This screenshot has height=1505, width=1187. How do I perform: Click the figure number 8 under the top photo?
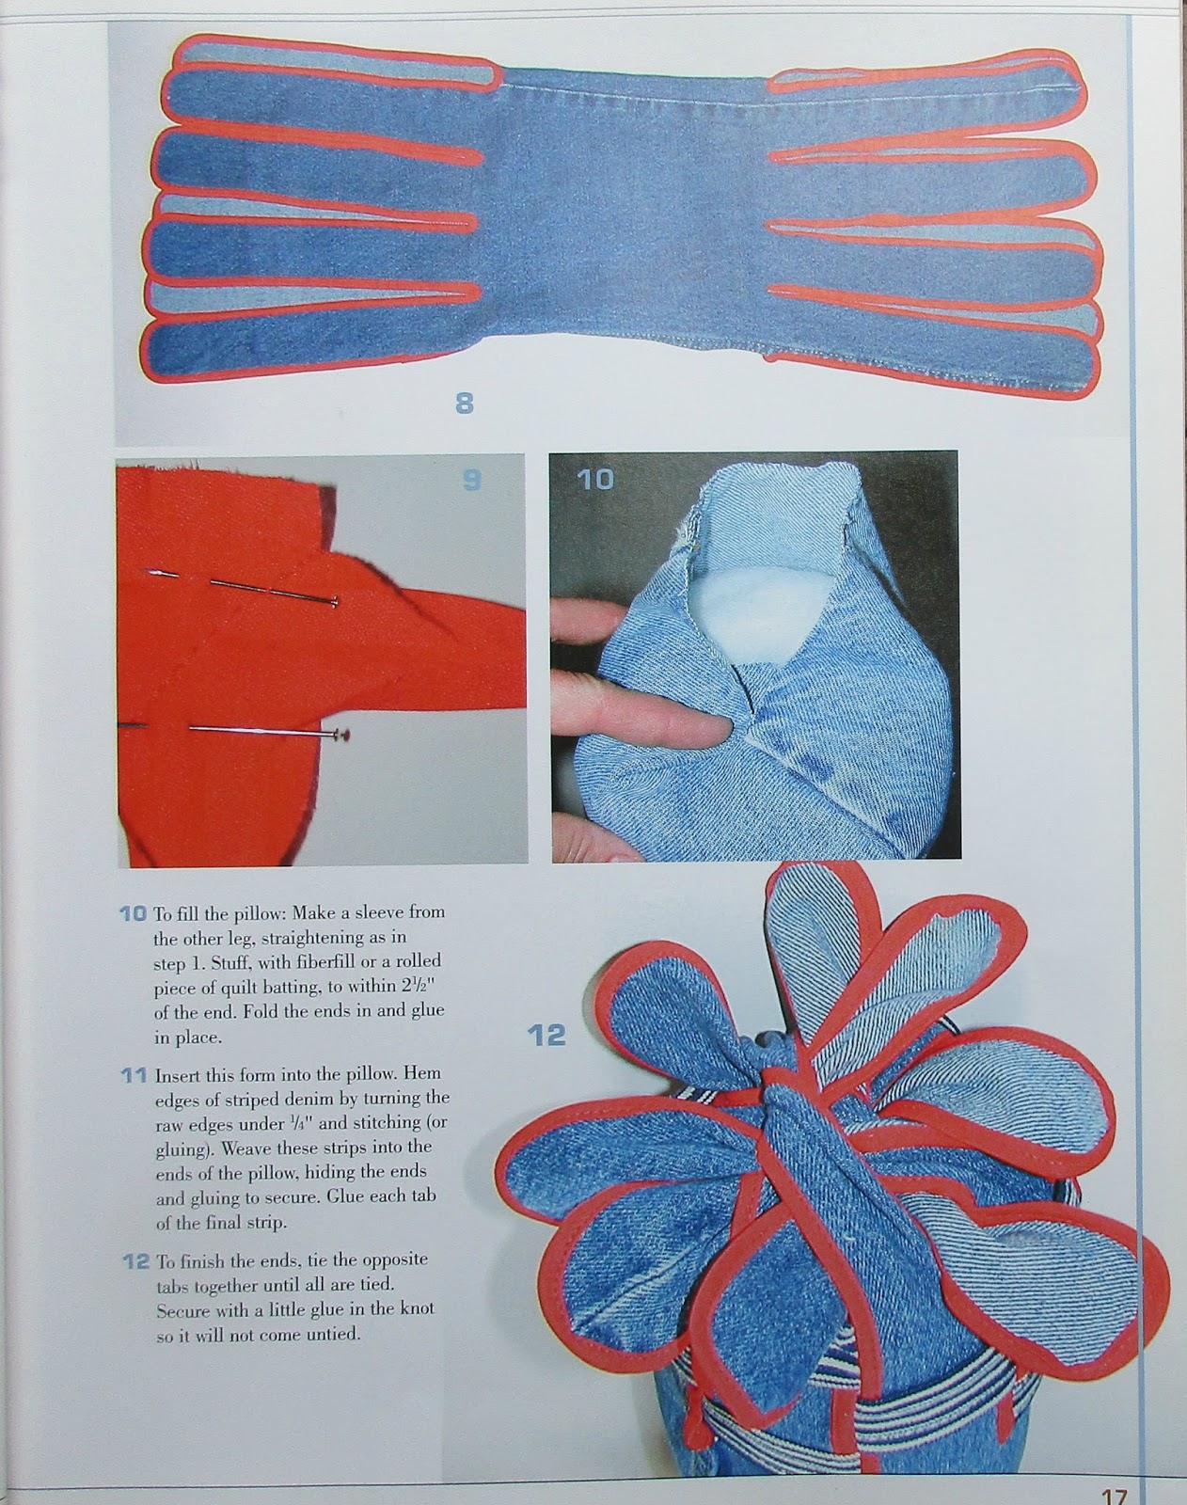click(x=465, y=404)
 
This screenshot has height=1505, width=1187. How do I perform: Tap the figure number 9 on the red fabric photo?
click(x=472, y=479)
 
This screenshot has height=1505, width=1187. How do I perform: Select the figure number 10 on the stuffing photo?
click(x=595, y=479)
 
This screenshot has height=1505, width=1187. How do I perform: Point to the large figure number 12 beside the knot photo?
click(x=546, y=1033)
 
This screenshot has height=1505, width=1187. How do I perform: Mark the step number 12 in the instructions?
click(x=136, y=1261)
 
